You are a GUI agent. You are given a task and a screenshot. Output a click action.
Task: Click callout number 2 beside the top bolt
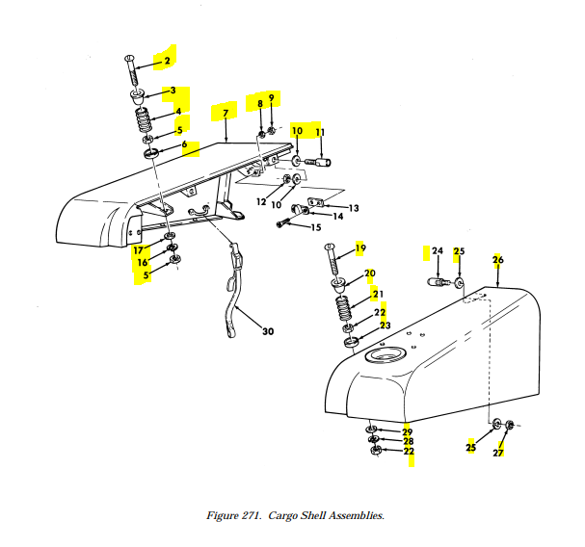[166, 60]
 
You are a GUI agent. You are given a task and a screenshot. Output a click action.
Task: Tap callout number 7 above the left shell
[225, 114]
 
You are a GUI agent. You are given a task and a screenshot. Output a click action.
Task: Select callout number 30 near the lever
[268, 332]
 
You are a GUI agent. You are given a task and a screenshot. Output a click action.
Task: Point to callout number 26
[498, 260]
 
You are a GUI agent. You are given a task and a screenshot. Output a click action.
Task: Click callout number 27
[498, 452]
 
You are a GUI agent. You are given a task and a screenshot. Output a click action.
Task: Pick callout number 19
[361, 249]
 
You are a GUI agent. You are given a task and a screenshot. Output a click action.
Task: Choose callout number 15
[315, 228]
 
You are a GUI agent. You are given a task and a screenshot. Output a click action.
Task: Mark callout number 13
[354, 208]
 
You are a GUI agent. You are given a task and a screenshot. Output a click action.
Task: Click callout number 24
[437, 251]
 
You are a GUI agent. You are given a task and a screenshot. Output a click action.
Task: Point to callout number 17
[138, 250]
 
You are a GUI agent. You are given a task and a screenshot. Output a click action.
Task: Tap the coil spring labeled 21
[341, 309]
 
